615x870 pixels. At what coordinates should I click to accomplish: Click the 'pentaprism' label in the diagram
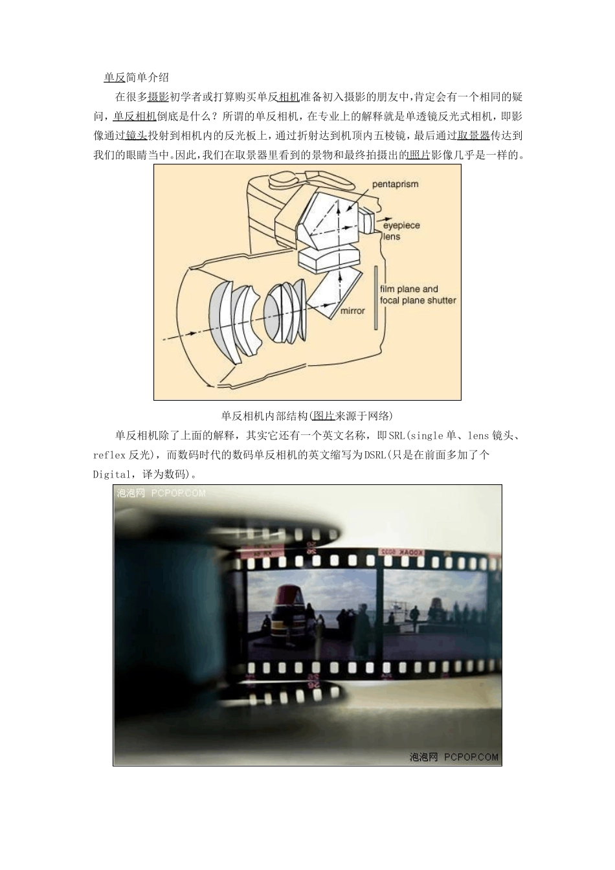395,184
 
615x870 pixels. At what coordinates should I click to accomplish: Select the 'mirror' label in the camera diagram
353,311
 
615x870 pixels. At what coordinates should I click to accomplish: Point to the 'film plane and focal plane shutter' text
418,295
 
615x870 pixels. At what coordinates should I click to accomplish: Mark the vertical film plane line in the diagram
375,298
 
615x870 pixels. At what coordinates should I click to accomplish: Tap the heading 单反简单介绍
136,78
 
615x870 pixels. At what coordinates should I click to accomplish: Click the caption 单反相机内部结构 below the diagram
265,416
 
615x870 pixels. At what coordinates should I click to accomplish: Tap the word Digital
111,474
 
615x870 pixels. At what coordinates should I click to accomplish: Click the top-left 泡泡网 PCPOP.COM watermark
161,493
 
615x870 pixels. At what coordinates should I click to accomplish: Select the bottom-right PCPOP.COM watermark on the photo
454,757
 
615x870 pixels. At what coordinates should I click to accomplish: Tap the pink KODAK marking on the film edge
410,552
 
